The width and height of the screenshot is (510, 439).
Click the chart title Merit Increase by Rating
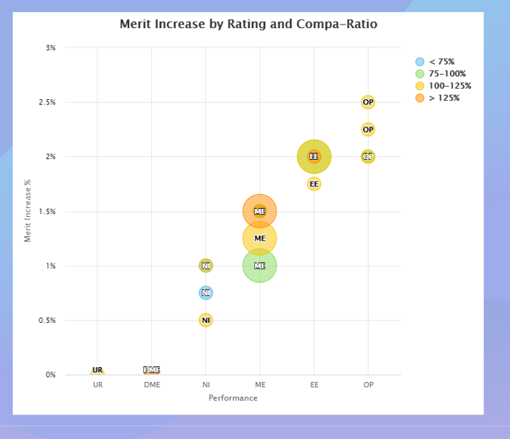click(248, 24)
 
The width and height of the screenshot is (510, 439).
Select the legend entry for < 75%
click(441, 62)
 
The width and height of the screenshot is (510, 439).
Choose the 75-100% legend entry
click(447, 74)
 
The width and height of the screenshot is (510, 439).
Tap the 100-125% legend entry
click(449, 86)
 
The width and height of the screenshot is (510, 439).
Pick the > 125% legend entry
click(444, 98)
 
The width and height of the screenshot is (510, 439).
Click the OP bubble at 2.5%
click(368, 102)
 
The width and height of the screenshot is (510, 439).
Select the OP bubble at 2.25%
click(368, 130)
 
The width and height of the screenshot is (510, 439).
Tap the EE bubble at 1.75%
click(314, 184)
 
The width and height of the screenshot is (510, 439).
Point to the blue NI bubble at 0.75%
click(206, 293)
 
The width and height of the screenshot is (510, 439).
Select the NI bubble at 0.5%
click(206, 321)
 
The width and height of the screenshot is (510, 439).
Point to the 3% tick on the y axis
click(50, 47)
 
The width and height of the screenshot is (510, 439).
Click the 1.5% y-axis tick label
click(48, 212)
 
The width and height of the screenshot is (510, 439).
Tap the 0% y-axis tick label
click(50, 375)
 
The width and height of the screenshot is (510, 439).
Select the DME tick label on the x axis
click(152, 386)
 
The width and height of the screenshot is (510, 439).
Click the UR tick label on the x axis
click(98, 386)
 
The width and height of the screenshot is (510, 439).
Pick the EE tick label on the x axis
click(314, 386)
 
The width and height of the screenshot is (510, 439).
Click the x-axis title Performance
click(233, 398)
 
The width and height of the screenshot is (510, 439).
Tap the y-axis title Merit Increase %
click(27, 211)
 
